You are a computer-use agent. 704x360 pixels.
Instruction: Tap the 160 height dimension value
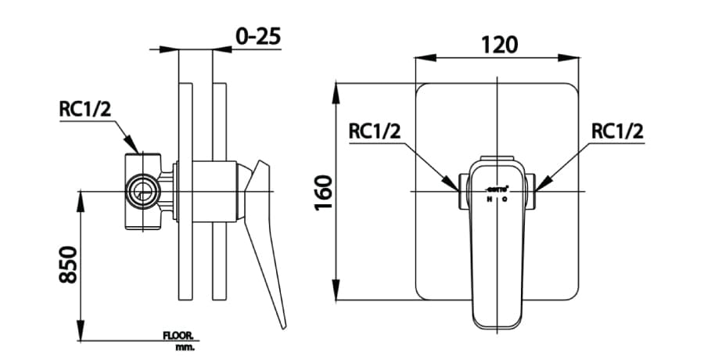click(324, 193)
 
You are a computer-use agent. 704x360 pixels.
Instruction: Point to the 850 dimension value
click(68, 265)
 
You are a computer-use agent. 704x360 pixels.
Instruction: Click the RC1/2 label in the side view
click(85, 109)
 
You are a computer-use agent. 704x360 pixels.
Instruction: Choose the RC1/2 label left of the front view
click(375, 131)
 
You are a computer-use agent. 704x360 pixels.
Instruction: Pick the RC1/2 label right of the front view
click(617, 131)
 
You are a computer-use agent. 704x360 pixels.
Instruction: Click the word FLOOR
click(180, 335)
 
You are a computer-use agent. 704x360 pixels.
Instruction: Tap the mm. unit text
click(185, 346)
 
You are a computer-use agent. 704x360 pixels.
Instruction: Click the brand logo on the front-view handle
click(497, 189)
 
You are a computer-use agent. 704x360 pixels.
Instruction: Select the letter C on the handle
click(505, 200)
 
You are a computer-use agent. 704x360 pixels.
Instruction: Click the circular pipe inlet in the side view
click(143, 190)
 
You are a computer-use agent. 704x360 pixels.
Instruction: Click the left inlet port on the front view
click(462, 192)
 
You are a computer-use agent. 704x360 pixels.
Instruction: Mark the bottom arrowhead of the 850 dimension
click(81, 334)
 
